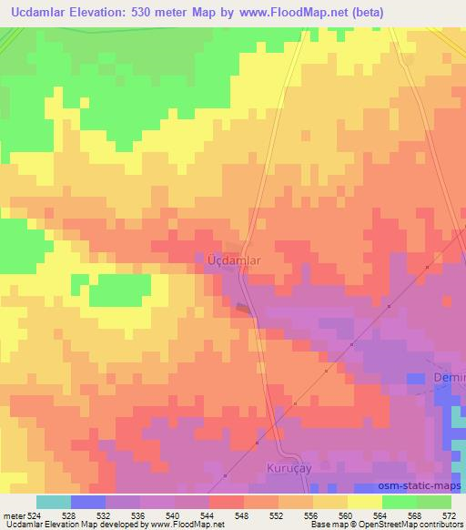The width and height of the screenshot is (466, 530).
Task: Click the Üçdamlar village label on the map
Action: pos(228,260)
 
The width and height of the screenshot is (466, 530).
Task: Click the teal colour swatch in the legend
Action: pos(54,502)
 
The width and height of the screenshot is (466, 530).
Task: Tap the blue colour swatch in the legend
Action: pos(88,502)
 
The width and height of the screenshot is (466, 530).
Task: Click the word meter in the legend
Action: pos(13,515)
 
